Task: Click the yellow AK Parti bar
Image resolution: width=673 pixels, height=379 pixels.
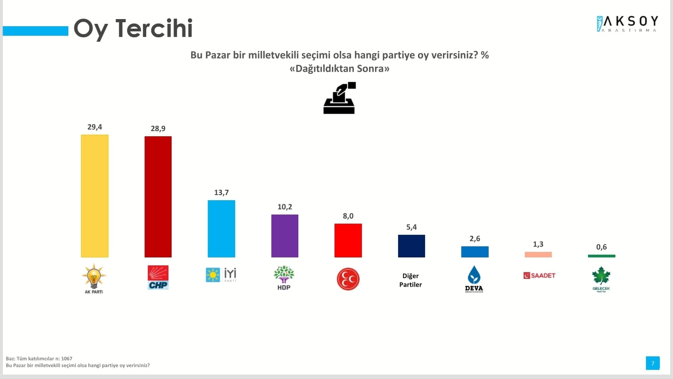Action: [x=95, y=196]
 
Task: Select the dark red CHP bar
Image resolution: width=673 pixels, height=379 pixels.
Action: [x=158, y=197]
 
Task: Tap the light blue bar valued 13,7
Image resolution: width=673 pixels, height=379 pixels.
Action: [x=221, y=228]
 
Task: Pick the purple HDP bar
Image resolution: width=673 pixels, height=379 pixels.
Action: [x=284, y=236]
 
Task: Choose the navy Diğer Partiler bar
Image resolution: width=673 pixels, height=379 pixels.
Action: [x=411, y=246]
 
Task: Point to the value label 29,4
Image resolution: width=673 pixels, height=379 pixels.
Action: [x=95, y=127]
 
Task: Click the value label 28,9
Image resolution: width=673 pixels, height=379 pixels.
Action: [x=158, y=129]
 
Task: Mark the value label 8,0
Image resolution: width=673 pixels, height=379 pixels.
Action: [x=348, y=216]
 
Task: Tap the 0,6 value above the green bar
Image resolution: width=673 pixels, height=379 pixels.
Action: [x=601, y=247]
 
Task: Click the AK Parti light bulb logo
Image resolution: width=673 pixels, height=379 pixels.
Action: [x=94, y=278]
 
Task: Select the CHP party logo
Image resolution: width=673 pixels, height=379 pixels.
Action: [x=158, y=277]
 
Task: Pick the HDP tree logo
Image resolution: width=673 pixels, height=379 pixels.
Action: [x=284, y=277]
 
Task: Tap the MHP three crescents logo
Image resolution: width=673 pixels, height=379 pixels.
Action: [x=348, y=279]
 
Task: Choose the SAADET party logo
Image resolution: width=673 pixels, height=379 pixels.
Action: [x=539, y=275]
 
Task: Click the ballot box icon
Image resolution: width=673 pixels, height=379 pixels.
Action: [x=339, y=98]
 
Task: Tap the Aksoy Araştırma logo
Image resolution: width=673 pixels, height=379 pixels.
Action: [x=627, y=24]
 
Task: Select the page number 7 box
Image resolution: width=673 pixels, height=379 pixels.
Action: [x=652, y=363]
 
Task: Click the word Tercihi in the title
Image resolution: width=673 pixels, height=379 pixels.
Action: [x=154, y=29]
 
